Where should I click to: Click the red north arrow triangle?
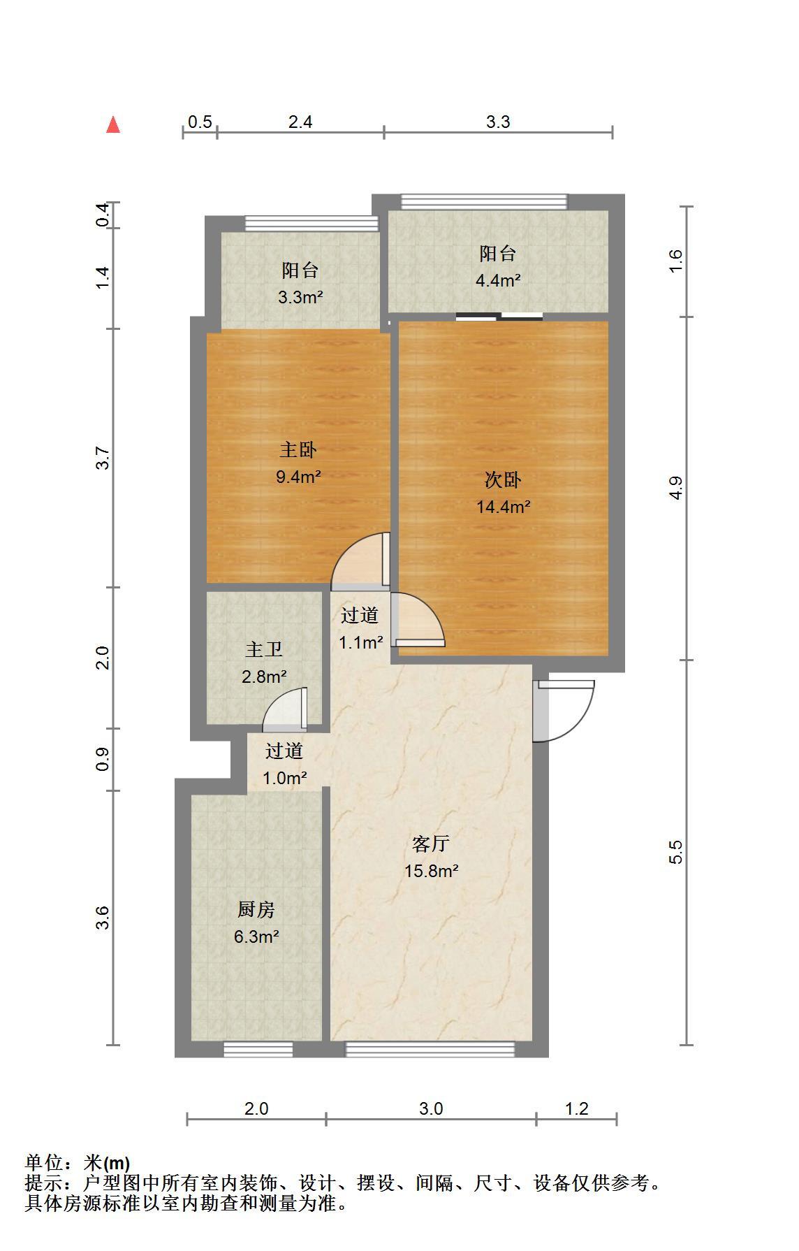coord(113,125)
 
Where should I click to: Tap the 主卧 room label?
coord(298,450)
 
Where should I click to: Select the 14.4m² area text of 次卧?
coord(503,507)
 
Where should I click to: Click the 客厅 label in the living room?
coord(430,844)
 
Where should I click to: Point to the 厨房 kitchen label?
coord(256,910)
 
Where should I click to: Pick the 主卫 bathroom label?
coord(264,650)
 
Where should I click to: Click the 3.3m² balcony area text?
coord(300,297)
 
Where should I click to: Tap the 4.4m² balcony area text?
coord(498,280)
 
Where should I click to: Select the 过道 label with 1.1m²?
coord(360,616)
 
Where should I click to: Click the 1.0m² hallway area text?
coord(284,778)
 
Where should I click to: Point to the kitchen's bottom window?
coord(258,1049)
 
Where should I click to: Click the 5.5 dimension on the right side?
coord(675,852)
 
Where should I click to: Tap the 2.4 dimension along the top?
coord(300,122)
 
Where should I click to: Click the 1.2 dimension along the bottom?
coord(577,1108)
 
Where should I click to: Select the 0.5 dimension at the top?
coord(200,122)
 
